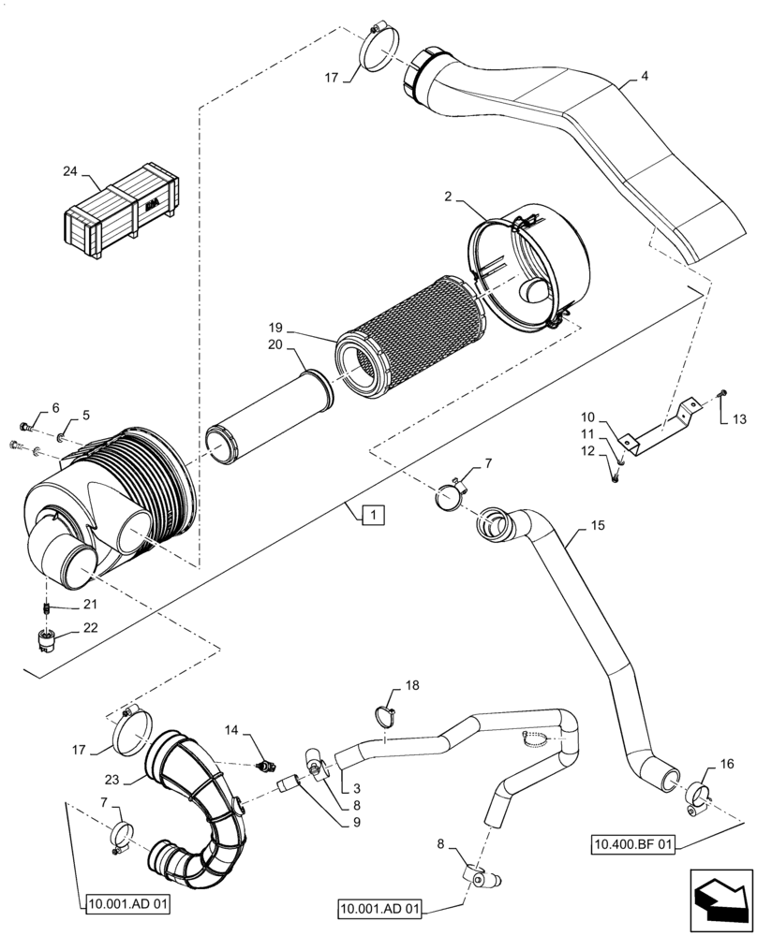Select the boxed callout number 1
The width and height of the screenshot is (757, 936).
372,514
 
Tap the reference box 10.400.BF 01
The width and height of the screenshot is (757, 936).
633,845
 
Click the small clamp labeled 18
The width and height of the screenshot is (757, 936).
384,716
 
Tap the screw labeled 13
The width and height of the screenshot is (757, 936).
722,393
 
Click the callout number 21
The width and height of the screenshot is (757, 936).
91,604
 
